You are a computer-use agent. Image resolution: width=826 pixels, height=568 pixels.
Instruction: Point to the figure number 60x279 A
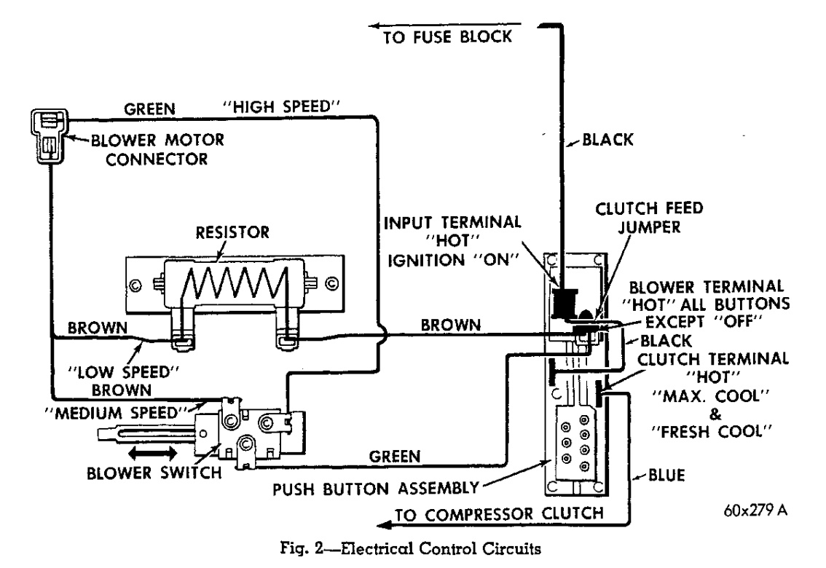click(x=747, y=508)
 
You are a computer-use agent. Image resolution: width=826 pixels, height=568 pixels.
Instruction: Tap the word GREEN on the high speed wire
click(x=150, y=109)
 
